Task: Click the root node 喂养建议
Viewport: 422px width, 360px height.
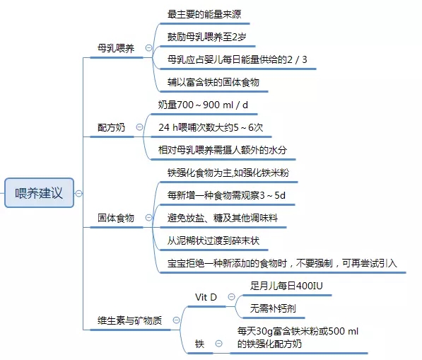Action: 39,193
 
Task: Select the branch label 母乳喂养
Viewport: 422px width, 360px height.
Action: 116,49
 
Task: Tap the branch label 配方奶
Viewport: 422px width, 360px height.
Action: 111,127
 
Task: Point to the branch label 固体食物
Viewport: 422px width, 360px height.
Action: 116,218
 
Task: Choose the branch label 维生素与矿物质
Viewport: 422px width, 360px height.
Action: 129,320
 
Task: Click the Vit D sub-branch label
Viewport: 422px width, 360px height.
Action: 206,297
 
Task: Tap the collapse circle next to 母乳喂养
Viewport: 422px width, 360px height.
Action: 148,48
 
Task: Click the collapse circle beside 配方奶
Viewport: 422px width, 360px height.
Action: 139,127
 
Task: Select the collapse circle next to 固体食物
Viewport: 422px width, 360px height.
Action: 148,217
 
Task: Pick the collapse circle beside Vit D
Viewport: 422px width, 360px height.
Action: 231,297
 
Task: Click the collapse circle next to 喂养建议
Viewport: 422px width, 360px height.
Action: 78,193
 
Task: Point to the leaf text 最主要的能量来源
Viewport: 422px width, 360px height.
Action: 204,14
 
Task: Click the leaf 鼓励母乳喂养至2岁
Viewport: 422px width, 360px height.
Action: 206,37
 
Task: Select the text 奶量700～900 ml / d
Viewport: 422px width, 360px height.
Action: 203,105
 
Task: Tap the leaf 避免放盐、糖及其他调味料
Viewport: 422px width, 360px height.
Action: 223,218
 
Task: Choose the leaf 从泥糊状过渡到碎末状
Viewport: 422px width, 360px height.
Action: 213,240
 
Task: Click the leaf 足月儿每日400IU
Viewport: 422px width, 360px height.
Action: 286,286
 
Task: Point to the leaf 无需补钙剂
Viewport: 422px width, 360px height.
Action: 273,308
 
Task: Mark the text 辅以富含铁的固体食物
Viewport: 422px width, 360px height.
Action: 213,82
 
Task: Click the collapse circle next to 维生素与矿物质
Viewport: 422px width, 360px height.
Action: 176,320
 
